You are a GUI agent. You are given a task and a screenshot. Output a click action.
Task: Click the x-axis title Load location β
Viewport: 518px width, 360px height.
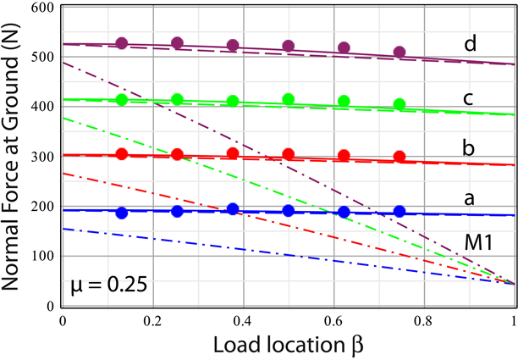click(x=288, y=345)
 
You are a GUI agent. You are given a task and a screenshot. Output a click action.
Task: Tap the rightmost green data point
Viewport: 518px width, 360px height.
click(x=400, y=104)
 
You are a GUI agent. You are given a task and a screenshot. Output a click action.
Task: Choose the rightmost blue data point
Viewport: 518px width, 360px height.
click(x=400, y=211)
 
